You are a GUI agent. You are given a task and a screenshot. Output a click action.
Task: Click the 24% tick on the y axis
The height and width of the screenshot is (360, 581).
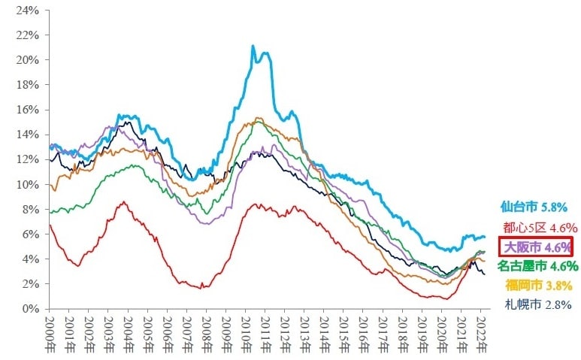[27, 11]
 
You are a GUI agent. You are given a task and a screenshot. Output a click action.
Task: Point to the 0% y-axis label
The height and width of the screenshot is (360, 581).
[30, 308]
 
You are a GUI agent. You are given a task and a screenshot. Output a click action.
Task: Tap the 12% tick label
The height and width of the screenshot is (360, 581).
[27, 159]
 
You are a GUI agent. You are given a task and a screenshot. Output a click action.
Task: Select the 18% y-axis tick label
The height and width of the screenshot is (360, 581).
[27, 85]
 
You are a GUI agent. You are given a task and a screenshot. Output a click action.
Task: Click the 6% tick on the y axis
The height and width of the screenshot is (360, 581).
[30, 234]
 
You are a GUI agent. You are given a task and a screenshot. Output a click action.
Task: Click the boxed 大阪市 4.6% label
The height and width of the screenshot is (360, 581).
[536, 247]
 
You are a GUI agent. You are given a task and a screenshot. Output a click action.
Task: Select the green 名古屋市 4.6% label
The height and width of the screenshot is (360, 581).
[537, 266]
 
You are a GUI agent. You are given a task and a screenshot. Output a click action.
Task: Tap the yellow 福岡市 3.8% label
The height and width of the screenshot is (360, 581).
[538, 286]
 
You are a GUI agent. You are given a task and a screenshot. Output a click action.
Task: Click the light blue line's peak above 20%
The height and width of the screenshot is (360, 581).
[253, 47]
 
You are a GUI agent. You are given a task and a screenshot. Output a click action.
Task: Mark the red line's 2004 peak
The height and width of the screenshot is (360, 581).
[124, 201]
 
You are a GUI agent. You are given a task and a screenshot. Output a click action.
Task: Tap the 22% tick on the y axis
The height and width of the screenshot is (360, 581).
[27, 35]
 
